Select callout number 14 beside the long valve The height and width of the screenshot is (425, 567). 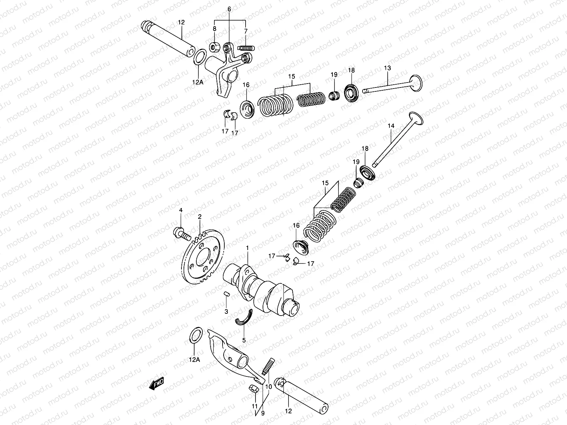point(391,126)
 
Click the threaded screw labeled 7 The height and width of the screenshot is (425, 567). point(247,47)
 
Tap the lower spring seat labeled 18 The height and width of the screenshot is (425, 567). point(366,172)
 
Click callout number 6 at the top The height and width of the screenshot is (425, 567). point(229,9)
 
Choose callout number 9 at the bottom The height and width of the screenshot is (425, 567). point(263,413)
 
